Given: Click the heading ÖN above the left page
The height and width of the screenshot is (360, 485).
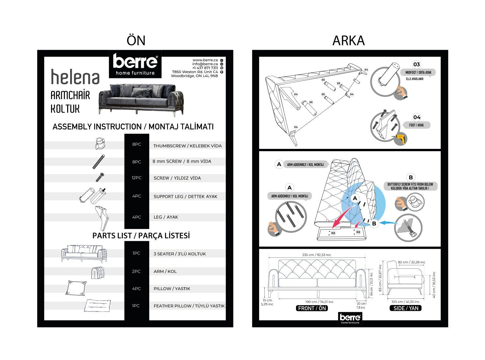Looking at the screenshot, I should [136, 41].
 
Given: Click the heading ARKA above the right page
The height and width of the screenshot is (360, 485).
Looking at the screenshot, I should [348, 41].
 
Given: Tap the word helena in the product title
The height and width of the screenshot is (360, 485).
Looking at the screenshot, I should [75, 77].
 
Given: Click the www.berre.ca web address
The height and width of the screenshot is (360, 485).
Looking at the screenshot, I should [205, 60].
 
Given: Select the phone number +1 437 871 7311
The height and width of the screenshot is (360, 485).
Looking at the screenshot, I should [205, 68].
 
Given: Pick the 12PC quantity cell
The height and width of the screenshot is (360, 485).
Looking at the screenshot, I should [136, 178].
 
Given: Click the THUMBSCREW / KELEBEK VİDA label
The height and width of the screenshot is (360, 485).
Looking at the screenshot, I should [187, 146].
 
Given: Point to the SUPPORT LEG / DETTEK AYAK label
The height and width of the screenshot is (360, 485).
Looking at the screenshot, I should [185, 197].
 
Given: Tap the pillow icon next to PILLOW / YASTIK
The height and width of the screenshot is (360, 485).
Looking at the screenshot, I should [76, 288].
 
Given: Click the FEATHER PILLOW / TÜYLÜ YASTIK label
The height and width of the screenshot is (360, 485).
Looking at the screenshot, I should [189, 306].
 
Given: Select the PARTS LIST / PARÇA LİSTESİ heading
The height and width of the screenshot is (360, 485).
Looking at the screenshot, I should [141, 236].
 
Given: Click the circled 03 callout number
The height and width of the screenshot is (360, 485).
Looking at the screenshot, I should [417, 65].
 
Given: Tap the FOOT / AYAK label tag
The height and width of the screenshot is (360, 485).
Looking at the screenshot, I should [416, 125].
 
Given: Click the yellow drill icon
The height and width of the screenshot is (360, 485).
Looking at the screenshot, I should [400, 139].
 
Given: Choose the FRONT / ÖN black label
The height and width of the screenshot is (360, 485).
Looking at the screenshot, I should [312, 308].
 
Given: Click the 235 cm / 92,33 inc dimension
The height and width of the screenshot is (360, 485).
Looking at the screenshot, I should [316, 255].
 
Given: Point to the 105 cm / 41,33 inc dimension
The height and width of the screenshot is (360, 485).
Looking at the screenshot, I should [405, 302].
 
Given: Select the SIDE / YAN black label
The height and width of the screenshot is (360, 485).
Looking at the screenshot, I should [405, 308].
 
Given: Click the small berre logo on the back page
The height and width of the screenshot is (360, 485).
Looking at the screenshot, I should [350, 318].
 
